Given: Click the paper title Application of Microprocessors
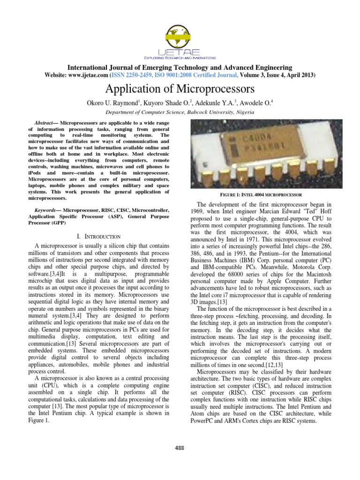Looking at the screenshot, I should pyautogui.click(x=180, y=89).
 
